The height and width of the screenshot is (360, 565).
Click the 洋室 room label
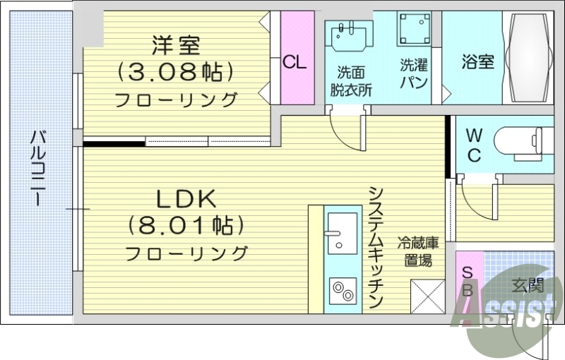coord(176,46)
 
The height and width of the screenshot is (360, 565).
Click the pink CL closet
coord(295,62)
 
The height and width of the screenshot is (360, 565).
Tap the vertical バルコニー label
coord(37,168)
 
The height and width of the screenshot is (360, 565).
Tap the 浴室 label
coord(477,62)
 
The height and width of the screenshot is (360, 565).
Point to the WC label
coord(474,145)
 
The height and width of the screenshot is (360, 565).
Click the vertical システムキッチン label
coord(376,247)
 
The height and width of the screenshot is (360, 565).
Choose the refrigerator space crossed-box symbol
coord(428,296)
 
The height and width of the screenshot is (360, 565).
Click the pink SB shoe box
coord(467,282)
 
